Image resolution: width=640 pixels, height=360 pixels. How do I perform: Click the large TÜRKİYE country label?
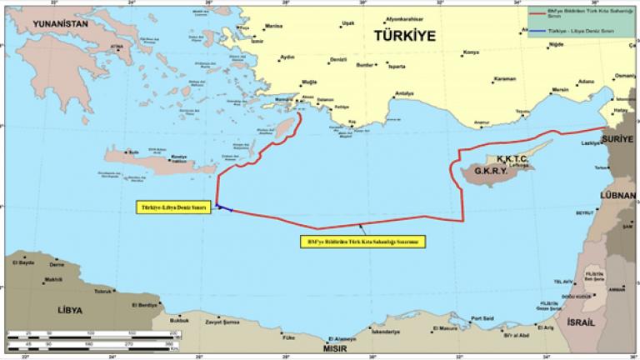(406, 37)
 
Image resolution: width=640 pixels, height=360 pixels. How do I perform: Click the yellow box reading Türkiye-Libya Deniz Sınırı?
(172, 207)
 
